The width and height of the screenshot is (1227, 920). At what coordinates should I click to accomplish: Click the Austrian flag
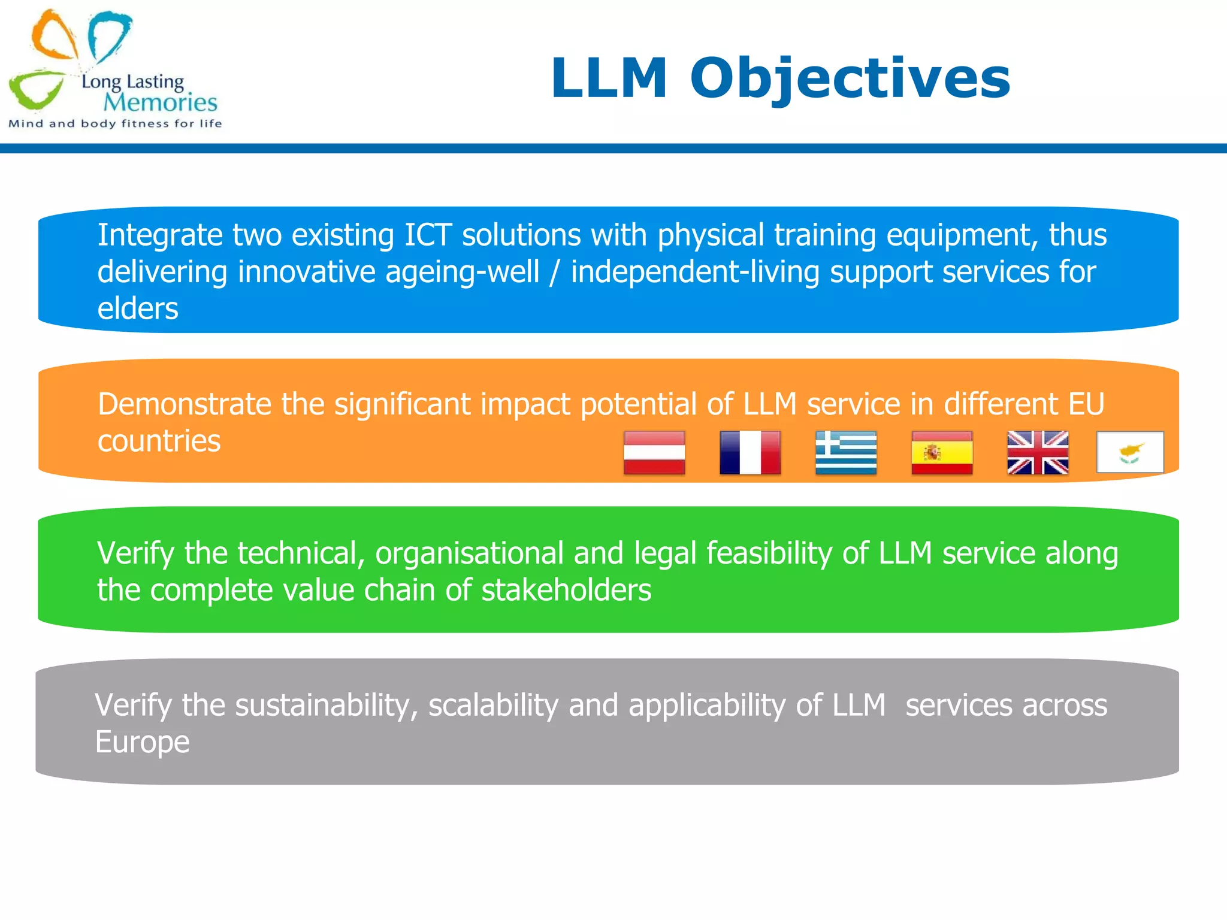pyautogui.click(x=654, y=453)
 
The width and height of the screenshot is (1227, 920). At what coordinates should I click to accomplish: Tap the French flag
pyautogui.click(x=750, y=453)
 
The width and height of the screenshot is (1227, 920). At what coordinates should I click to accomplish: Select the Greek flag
pyautogui.click(x=846, y=453)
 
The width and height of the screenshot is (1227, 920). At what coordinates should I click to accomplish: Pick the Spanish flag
pyautogui.click(x=942, y=453)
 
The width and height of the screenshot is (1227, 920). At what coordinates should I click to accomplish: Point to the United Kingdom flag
pyautogui.click(x=1038, y=453)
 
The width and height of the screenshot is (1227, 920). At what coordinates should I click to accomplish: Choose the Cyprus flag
pyautogui.click(x=1130, y=452)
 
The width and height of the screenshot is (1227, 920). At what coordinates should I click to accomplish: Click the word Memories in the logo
pyautogui.click(x=160, y=102)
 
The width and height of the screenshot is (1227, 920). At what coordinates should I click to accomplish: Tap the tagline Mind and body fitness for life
pyautogui.click(x=115, y=124)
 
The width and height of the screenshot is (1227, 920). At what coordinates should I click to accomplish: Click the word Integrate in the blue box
pyautogui.click(x=159, y=235)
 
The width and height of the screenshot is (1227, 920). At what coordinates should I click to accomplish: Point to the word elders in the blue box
pyautogui.click(x=138, y=309)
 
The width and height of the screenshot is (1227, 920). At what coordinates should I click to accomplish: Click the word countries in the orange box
pyautogui.click(x=159, y=441)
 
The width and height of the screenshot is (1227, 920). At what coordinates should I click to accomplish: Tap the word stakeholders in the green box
pyautogui.click(x=566, y=591)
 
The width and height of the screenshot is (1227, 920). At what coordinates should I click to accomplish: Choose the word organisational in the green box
pyautogui.click(x=469, y=553)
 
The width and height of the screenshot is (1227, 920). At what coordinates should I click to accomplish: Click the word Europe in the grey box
pyautogui.click(x=142, y=743)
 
